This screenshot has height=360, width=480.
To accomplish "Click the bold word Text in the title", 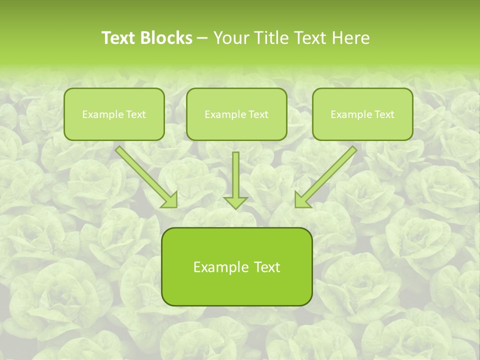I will point(118,38).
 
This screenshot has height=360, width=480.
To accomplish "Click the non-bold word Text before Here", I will point(310,38).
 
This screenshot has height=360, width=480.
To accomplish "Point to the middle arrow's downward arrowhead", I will point(235,202).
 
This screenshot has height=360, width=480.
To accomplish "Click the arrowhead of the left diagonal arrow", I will point(170,200).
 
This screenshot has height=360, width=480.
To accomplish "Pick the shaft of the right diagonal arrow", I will point(330,171).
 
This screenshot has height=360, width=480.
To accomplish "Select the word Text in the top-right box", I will point(384,114).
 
